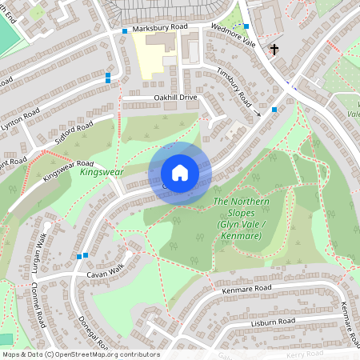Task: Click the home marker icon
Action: click(180, 173)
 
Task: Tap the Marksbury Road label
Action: click(159, 27)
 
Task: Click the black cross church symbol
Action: click(274, 50)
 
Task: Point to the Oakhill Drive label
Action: click(175, 97)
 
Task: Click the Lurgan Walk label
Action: click(39, 251)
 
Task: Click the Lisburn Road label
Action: click(272, 321)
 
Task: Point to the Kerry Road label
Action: click(305, 353)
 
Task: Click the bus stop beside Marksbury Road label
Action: click(125, 30)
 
